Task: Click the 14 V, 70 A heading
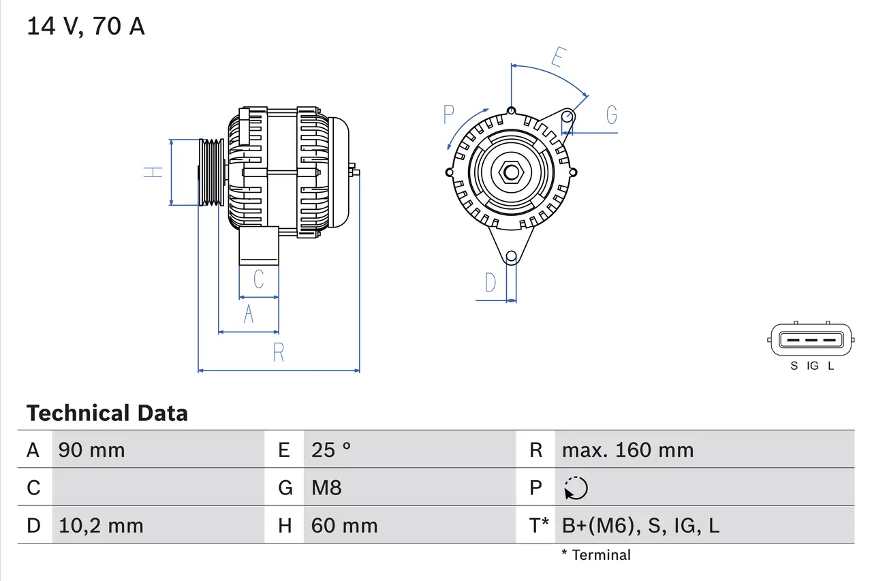(86, 27)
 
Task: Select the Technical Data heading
(106, 413)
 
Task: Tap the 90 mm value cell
(91, 450)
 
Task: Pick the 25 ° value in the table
(331, 450)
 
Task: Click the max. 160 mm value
(627, 450)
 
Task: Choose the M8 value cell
(326, 488)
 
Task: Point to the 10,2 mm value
(101, 526)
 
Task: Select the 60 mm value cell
(344, 526)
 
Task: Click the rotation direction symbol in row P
(576, 488)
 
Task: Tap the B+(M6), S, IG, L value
(640, 526)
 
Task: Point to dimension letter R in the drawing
(279, 353)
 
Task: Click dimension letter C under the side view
(258, 279)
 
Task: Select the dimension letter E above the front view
(557, 58)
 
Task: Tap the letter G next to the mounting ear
(611, 115)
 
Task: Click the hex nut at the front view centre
(511, 172)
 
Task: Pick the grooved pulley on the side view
(211, 172)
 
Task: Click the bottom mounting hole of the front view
(511, 257)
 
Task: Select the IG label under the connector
(812, 366)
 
